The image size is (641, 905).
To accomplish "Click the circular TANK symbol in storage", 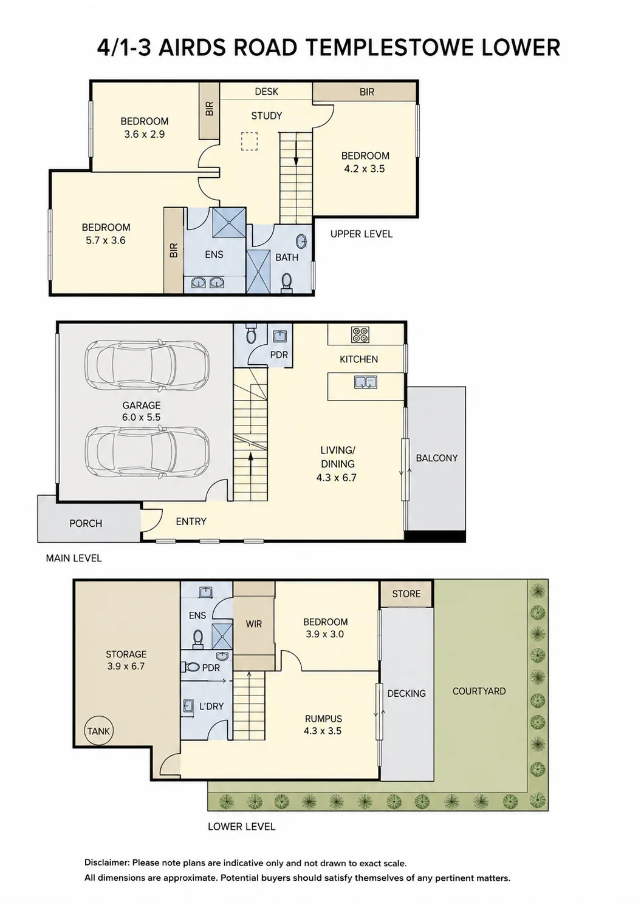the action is [x=98, y=731].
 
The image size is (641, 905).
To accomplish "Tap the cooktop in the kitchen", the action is [x=360, y=334].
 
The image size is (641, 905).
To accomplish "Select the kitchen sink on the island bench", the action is [x=366, y=382].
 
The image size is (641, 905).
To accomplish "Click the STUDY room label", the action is [x=267, y=116].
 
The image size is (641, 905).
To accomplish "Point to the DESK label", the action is [x=267, y=92].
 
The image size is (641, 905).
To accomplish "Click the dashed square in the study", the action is [x=250, y=141].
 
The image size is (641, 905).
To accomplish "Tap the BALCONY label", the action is [x=437, y=458].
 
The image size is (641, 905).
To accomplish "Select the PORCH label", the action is [x=86, y=524].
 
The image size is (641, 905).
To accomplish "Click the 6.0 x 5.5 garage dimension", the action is [x=141, y=418].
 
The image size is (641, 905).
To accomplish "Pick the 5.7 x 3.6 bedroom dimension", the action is [x=106, y=240].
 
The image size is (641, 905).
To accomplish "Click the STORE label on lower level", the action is [x=406, y=594].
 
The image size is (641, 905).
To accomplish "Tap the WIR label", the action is [x=254, y=624].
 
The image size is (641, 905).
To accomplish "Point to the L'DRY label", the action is [x=211, y=707].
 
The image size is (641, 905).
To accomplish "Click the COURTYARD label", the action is [x=479, y=691].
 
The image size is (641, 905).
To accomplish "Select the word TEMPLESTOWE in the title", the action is [x=390, y=48].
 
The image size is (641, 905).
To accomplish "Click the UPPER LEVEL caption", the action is [x=362, y=234].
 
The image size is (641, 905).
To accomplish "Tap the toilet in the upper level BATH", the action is [x=286, y=282].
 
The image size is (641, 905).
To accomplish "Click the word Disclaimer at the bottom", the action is [x=106, y=863].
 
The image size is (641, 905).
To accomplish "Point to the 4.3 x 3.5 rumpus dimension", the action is [x=322, y=731].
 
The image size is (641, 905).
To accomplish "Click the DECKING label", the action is [x=406, y=694].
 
